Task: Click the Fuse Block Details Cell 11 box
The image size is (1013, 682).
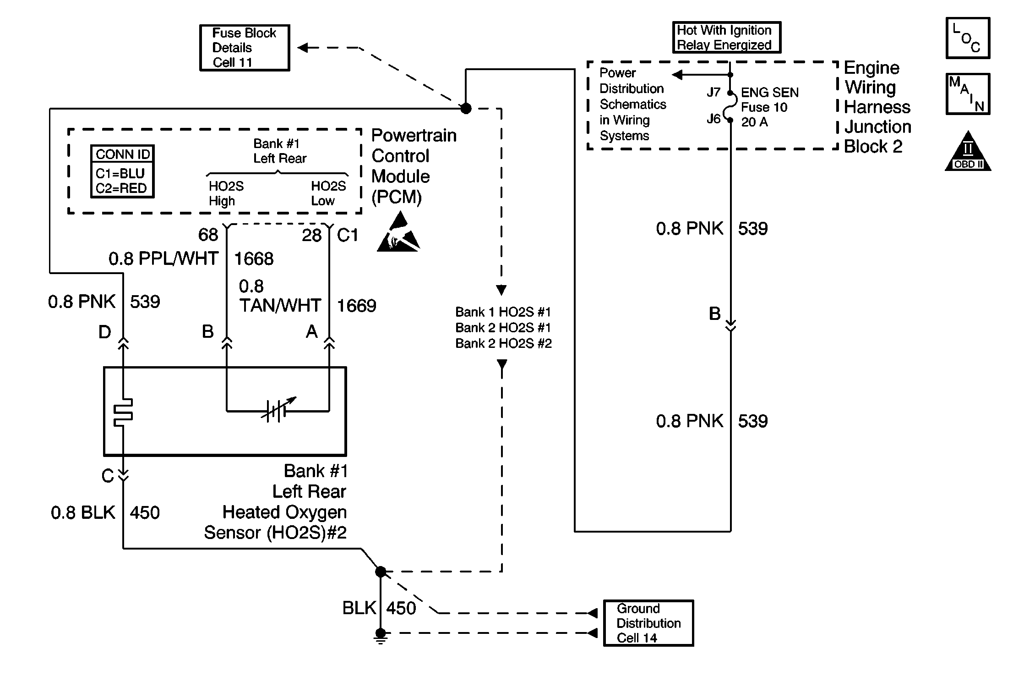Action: (x=245, y=48)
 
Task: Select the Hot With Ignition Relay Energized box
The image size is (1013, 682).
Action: (x=726, y=38)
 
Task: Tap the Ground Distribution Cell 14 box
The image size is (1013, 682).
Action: (x=648, y=623)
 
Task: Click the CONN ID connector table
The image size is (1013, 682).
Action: (x=122, y=171)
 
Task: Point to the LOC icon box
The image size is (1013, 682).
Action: (x=968, y=38)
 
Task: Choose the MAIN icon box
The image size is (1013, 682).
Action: (x=968, y=94)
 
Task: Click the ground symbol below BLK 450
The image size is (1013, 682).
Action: (x=381, y=636)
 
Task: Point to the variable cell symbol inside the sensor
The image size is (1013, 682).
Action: (x=278, y=409)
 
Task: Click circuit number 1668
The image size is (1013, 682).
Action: (x=254, y=259)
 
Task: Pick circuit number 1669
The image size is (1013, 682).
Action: (x=356, y=306)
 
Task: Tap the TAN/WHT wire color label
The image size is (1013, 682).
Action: (x=280, y=306)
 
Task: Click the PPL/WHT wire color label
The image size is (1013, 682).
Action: (x=178, y=259)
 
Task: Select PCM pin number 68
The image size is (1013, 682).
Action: (x=208, y=235)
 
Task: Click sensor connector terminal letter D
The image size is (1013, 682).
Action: (x=105, y=332)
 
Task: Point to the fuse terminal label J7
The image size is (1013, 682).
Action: (x=713, y=92)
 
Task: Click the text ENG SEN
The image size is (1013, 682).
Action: (x=769, y=93)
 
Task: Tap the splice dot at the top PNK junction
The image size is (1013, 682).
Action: (x=466, y=109)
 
